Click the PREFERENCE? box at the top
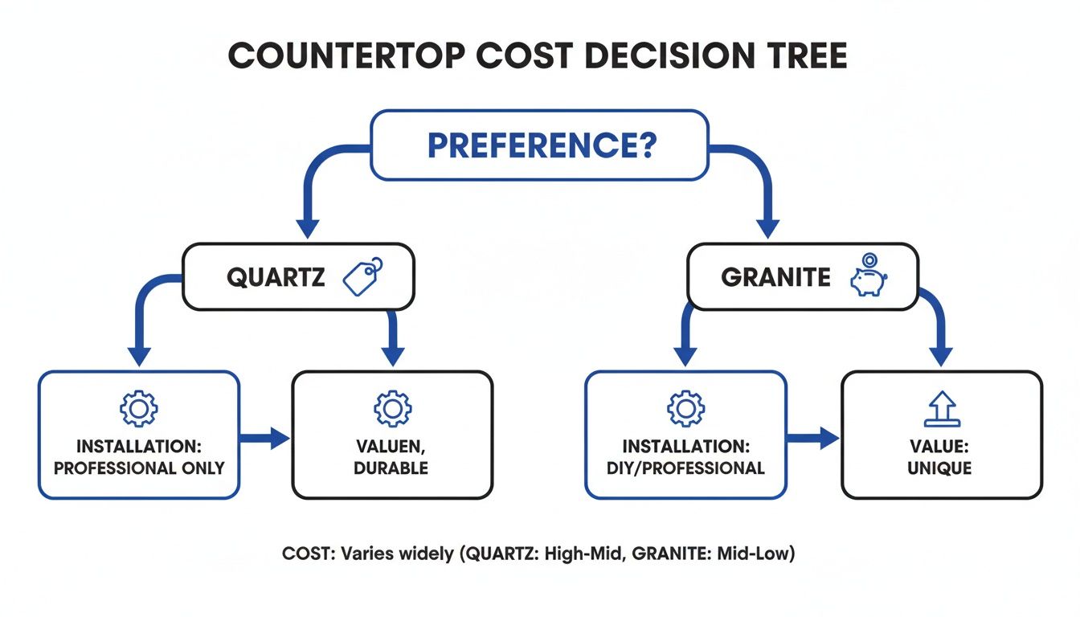540,145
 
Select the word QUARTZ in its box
276,278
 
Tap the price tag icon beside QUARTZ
362,277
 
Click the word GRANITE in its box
775,278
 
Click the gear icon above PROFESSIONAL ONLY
138,409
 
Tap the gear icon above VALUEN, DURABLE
392,409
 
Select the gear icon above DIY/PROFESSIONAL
685,409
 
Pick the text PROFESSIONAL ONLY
138,468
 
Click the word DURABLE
392,468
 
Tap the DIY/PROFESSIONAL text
685,468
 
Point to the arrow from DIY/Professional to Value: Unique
813,438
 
